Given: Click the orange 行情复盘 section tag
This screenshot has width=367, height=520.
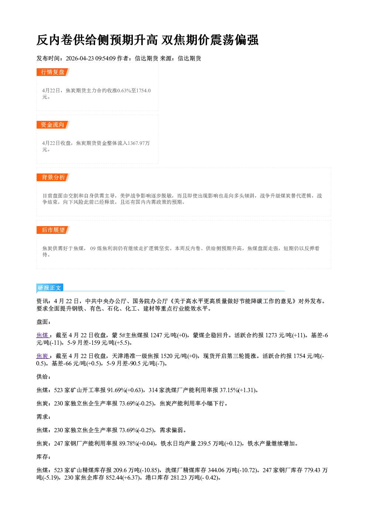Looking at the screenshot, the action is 53,72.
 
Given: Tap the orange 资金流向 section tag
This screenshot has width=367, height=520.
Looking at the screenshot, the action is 53,125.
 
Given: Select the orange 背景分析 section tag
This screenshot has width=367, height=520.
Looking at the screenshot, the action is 53,178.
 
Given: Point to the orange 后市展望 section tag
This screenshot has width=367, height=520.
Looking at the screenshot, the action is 53,230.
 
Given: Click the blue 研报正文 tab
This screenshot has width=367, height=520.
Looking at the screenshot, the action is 50,288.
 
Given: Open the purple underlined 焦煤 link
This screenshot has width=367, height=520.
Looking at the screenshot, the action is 42,335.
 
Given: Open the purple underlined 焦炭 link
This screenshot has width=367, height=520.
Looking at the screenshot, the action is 42,356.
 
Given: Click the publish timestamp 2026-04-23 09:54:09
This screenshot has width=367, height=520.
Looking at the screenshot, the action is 91,58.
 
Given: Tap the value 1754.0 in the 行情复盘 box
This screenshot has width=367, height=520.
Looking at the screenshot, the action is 143,90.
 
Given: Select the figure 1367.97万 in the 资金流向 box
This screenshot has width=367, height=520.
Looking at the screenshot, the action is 139,143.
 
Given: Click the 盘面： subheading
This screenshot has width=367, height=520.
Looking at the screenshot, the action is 44,322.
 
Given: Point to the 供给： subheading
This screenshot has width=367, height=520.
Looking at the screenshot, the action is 44,377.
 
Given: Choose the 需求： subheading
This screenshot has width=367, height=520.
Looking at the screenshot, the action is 44,417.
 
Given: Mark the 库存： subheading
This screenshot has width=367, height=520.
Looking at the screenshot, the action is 44,457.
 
